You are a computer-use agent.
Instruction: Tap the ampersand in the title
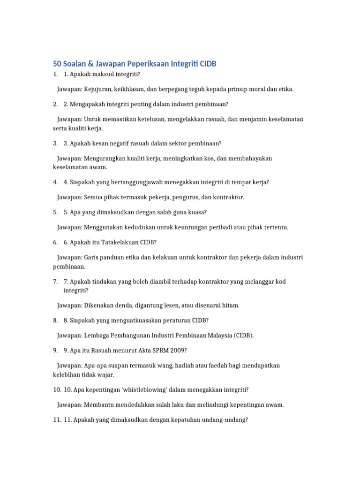[x=86, y=64]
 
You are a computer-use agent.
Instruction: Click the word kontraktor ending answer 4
[x=229, y=197]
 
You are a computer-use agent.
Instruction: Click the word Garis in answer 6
[x=92, y=258]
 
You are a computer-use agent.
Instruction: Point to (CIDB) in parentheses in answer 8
[x=243, y=336]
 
